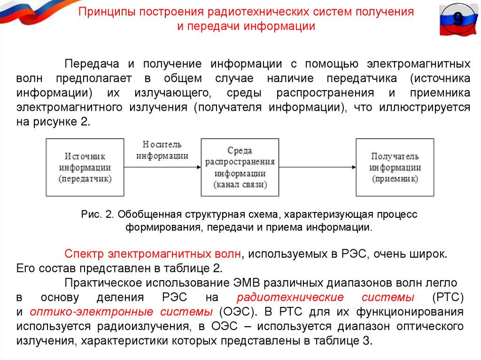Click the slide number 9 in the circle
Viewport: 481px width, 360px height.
(x=458, y=20)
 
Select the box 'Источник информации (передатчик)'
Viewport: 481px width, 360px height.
(x=85, y=167)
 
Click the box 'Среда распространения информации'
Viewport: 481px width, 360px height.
(x=240, y=167)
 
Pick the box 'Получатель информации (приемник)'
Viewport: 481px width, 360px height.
(x=395, y=167)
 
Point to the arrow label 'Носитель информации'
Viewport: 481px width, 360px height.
(x=163, y=150)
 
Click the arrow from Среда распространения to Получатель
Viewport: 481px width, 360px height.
(x=317, y=167)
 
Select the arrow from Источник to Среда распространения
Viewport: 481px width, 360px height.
(x=163, y=167)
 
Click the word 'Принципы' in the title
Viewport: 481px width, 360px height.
(x=105, y=12)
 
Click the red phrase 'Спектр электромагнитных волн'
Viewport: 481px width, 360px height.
(x=153, y=254)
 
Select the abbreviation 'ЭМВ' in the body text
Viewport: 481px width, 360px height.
(x=244, y=283)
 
